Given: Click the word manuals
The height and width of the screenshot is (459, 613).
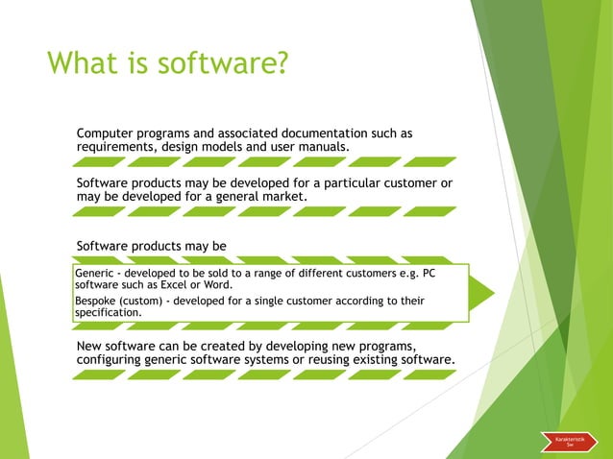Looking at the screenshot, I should click(323, 147).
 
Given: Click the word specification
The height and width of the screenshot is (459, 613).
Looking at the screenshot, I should click(108, 312).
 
